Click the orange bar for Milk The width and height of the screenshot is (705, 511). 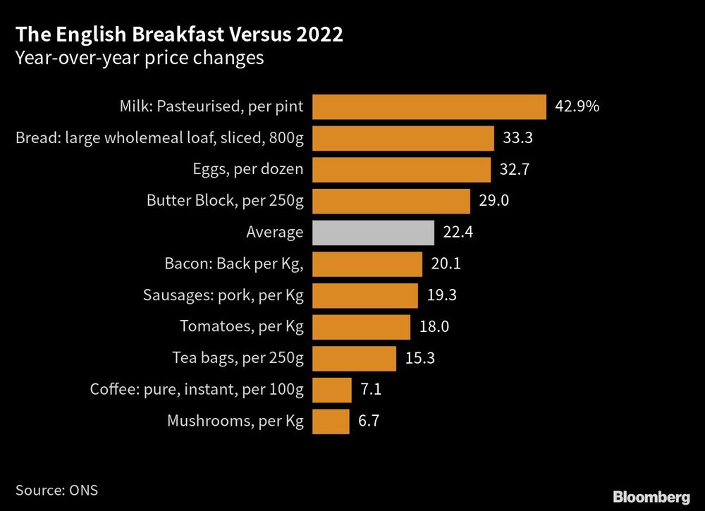pos(429,107)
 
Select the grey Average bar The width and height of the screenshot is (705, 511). pos(372,232)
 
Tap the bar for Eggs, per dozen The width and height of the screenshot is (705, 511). pos(401,170)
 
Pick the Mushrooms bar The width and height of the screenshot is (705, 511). pos(331,421)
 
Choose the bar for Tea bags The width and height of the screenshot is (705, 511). pos(354,358)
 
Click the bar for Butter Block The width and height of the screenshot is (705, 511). pos(391,201)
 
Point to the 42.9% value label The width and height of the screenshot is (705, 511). pos(577,107)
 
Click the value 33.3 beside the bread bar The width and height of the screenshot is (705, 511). pos(517,138)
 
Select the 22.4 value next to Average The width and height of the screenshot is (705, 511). pos(458,232)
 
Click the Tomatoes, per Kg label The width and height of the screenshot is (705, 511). pos(242,327)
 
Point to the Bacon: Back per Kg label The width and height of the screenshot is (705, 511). pos(234,264)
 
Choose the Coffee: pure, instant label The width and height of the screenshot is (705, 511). pos(197,390)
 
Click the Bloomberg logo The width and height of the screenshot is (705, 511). pos(651,497)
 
